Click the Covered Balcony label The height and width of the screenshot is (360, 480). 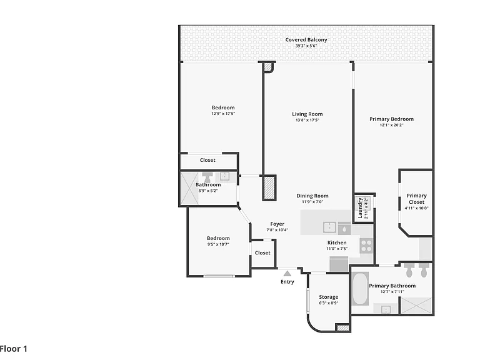pos(306,40)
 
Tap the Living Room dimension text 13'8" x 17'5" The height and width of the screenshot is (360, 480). pos(307,120)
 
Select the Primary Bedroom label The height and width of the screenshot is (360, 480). pos(391,119)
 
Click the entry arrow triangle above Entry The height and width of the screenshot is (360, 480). pos(287,273)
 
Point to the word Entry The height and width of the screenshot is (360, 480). pos(287,282)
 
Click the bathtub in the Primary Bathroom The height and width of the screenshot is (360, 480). pos(360,289)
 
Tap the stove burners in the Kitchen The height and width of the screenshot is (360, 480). pos(366,246)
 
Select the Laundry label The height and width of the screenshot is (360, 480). pos(360,208)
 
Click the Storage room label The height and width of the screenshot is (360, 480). pos(329,297)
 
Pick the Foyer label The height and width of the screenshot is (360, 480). pos(277,224)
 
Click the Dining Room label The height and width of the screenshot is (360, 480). pos(312,196)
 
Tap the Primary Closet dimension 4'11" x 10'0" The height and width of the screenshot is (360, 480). pos(417,208)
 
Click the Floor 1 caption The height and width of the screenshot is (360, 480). pos(14,349)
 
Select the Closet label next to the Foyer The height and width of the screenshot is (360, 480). pos(262,253)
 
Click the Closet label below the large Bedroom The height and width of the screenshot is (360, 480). pos(207,160)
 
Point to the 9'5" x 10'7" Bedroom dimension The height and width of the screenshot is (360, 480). pos(218,244)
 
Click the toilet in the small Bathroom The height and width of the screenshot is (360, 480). pos(208,177)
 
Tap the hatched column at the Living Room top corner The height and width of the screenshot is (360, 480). pos(268,67)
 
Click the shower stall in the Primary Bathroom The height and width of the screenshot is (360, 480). pos(416,306)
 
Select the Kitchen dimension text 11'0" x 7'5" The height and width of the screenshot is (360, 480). pos(337,249)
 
